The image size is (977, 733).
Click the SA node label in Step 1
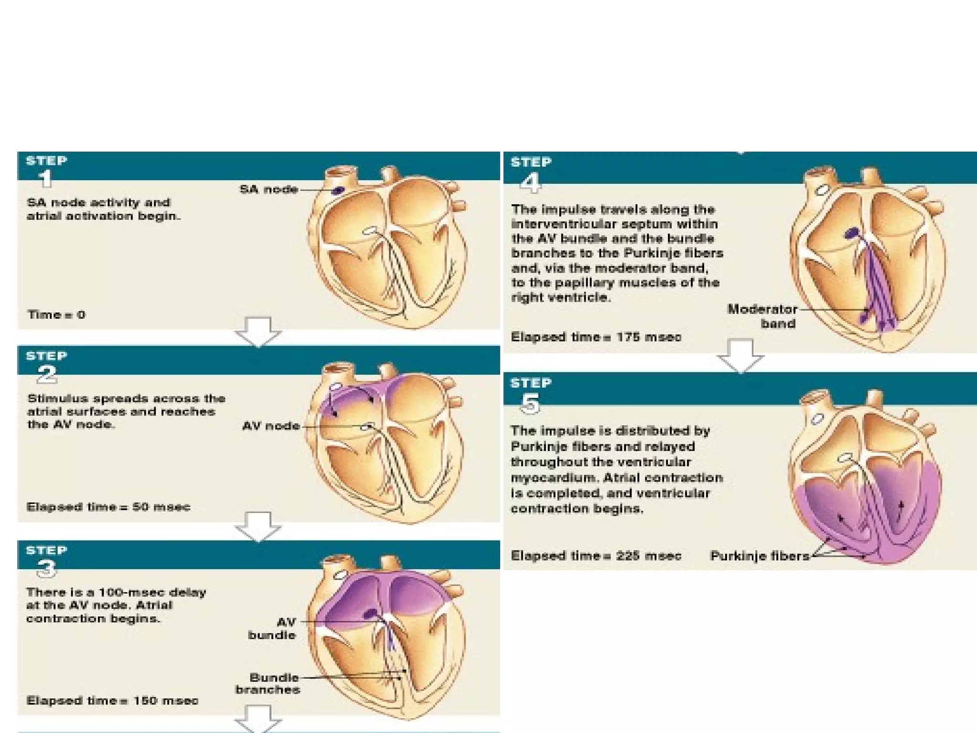click(x=269, y=189)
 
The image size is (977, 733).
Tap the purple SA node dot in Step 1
click(x=338, y=190)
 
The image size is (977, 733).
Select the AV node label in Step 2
click(x=270, y=426)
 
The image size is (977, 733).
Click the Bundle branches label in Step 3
click(x=268, y=683)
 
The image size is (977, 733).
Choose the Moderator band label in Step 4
click(x=762, y=316)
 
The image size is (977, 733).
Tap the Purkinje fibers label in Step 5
click(x=759, y=555)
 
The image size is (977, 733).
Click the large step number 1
click(x=46, y=178)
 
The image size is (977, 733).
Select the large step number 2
click(x=47, y=374)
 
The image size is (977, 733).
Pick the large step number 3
click(x=47, y=568)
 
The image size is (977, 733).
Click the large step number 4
click(x=530, y=183)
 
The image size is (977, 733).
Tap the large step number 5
click(x=530, y=404)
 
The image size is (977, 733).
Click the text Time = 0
click(x=56, y=314)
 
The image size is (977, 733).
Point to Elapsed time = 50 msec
click(x=108, y=506)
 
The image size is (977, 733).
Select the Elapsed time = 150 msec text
click(x=112, y=701)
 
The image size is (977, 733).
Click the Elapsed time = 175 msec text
click(x=596, y=337)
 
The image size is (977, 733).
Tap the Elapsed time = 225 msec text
click(x=596, y=555)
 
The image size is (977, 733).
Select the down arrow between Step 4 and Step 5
click(x=741, y=355)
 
